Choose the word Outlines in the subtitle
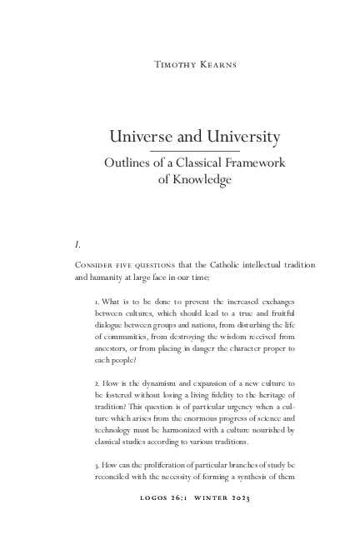[x=127, y=163]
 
